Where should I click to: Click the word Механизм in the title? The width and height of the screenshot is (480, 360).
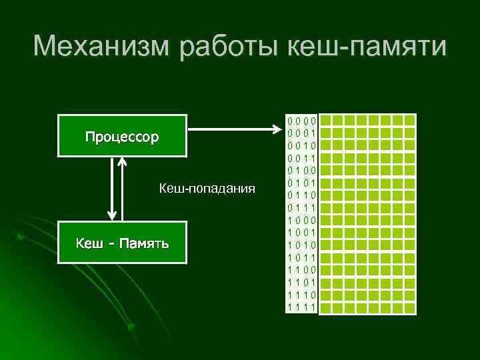tap(100, 47)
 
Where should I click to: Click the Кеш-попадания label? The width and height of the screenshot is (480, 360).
tap(207, 189)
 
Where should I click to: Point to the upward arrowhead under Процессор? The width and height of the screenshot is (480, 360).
tap(123, 161)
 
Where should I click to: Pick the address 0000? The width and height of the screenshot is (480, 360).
tap(301, 121)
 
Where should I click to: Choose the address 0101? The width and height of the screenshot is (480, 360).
tap(301, 183)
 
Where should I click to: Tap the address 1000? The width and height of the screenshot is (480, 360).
tap(301, 220)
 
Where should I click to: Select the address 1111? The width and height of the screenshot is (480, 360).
tap(301, 307)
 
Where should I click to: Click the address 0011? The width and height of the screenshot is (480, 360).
tap(301, 158)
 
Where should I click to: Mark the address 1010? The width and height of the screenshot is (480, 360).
tap(301, 245)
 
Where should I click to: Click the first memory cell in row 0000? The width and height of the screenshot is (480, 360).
tap(337, 121)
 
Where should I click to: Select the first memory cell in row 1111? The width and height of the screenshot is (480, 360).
tap(337, 307)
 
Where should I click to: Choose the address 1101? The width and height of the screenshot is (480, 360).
tap(301, 282)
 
